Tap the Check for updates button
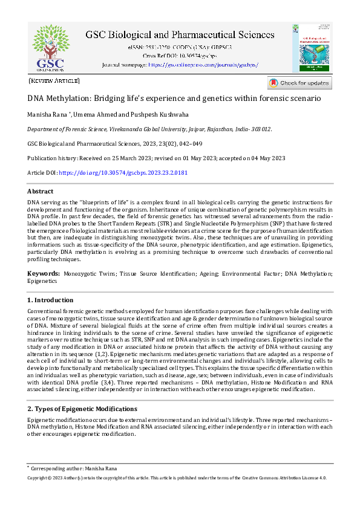pyautogui.click(x=299, y=83)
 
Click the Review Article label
pyautogui.click(x=54, y=80)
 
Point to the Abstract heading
pyautogui.click(x=41, y=192)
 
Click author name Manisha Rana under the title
pyautogui.click(x=47, y=115)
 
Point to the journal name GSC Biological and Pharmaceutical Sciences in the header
pyautogui.click(x=180, y=35)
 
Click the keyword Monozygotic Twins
pyautogui.click(x=90, y=274)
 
